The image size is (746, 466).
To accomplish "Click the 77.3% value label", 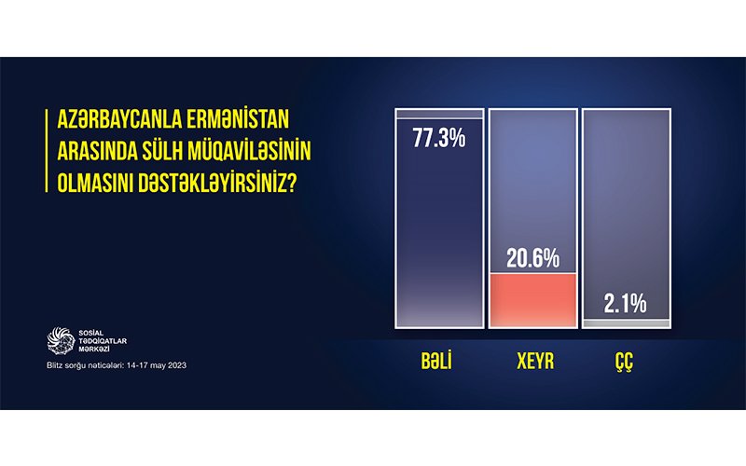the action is coord(438,138).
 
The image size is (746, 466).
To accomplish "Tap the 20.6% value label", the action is coord(532,258).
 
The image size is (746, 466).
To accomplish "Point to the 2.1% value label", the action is coord(625,304).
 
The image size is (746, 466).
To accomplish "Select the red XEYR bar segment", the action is coord(532,300).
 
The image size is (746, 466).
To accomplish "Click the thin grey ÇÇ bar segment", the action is coord(626,323).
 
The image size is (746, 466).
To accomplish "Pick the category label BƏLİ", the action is coord(436,362).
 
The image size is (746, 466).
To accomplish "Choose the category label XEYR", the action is coord(535,362).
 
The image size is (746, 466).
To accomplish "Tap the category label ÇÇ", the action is coord(624,363).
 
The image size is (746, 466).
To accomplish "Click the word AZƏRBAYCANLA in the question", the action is coord(118,119).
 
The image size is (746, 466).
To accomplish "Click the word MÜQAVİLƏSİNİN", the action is coord(248,151).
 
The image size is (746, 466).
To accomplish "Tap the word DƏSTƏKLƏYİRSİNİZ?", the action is coord(217,183).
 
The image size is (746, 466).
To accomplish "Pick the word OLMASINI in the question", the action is coord(95,183).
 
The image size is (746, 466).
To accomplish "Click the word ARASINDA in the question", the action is coord(96,151).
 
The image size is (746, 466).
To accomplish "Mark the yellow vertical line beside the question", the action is coord(47,151).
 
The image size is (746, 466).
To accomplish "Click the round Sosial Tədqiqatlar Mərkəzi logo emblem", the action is coord(61,340).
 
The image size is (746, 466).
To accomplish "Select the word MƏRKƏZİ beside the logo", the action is coord(94,349).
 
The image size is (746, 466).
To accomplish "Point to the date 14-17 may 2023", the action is coord(157,365).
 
